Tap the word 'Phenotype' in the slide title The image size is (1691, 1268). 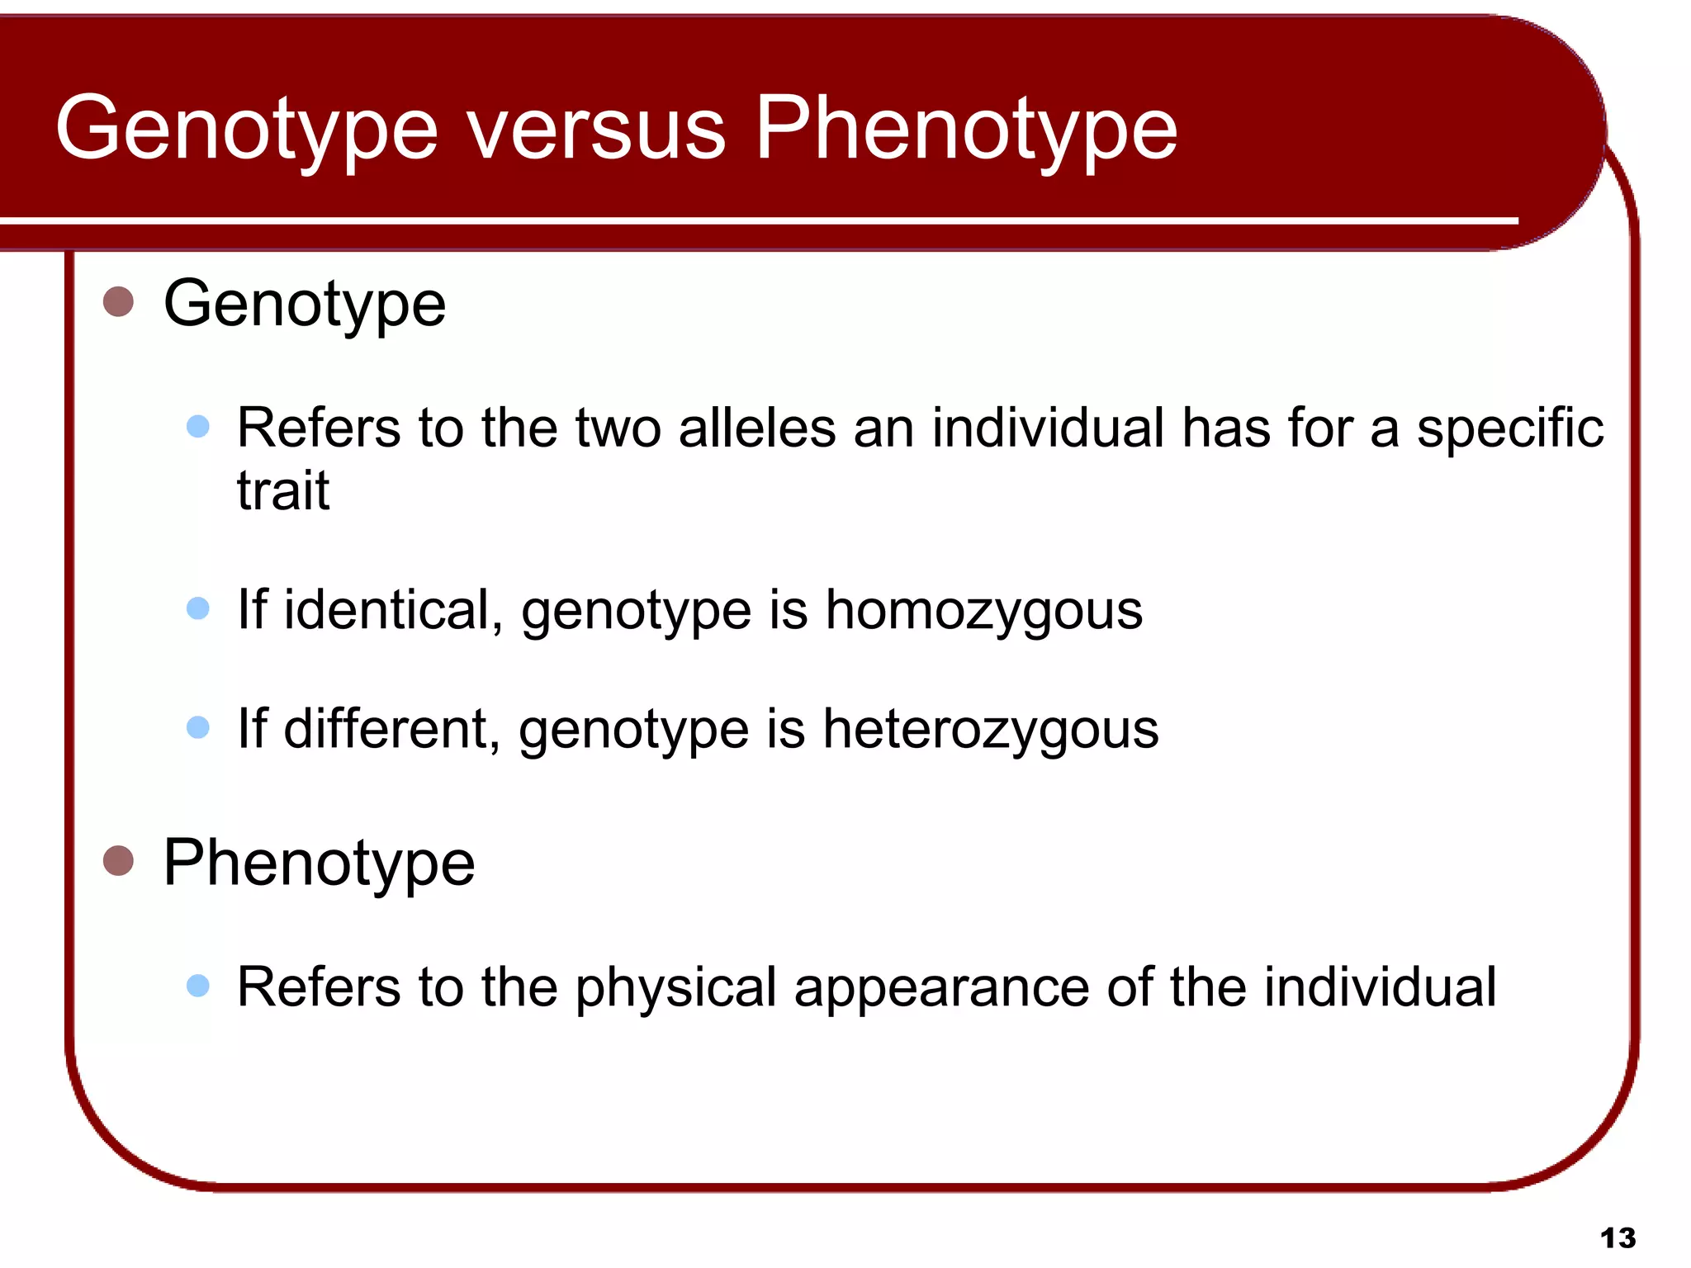966,132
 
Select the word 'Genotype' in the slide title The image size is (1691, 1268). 246,132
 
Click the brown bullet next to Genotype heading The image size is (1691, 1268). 118,301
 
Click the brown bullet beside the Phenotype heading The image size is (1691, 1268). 118,860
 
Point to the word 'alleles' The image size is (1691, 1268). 757,428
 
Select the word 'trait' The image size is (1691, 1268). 282,491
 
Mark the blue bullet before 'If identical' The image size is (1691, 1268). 198,608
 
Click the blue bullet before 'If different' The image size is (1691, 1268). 198,727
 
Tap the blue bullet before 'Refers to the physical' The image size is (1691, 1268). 198,985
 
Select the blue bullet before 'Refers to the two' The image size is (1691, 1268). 198,426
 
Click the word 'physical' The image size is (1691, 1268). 676,989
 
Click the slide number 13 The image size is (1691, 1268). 1618,1238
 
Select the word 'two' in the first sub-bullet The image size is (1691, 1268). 618,428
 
